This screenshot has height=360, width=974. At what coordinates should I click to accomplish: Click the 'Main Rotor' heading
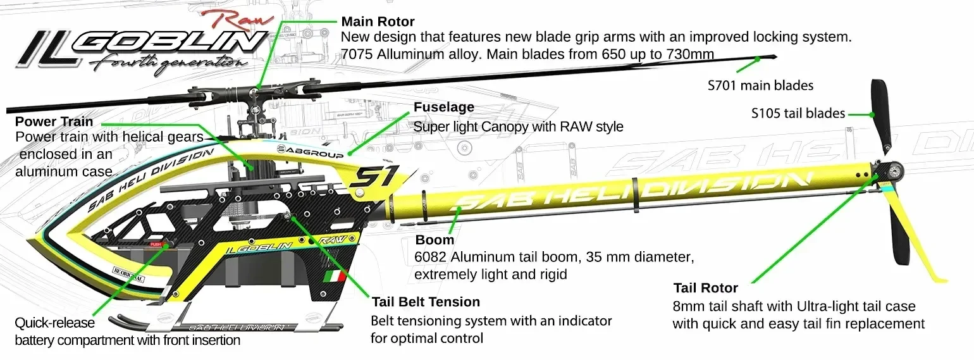[x=378, y=22]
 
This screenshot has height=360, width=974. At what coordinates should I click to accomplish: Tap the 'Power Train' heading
[x=54, y=121]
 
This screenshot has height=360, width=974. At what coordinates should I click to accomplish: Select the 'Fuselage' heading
[x=443, y=107]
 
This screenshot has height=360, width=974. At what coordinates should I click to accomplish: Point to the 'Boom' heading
[x=435, y=240]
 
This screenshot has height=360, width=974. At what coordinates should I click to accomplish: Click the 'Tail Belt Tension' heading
[x=426, y=302]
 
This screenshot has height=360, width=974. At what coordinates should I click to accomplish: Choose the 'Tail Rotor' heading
[x=706, y=288]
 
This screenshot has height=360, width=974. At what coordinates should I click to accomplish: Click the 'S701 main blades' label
[x=760, y=85]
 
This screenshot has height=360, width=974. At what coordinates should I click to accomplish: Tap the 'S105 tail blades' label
[x=798, y=113]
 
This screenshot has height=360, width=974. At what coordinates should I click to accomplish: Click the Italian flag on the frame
[x=336, y=276]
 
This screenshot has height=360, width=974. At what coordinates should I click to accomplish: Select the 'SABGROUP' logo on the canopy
[x=310, y=151]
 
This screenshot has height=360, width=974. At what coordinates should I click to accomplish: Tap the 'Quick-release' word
[x=54, y=323]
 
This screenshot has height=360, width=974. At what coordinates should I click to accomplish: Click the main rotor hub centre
[x=254, y=92]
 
